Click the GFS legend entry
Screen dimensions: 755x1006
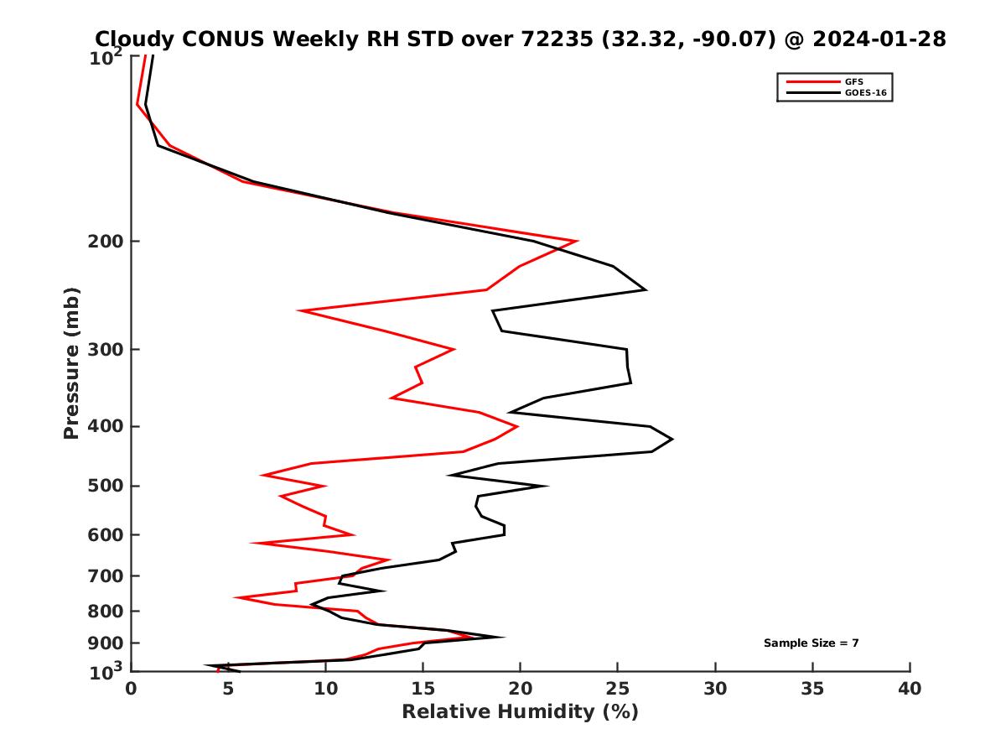[853, 81]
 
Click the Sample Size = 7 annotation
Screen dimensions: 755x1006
[811, 643]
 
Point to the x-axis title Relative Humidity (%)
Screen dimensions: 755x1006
[520, 712]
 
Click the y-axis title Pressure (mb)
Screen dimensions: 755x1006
[71, 362]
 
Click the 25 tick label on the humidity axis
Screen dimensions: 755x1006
[617, 690]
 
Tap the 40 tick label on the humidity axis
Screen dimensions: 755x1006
[910, 690]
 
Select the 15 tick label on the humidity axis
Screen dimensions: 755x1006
[423, 690]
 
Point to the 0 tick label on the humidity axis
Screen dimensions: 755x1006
[131, 690]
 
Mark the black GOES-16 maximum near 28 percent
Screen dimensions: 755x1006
[672, 439]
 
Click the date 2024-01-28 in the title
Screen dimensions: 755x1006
[875, 39]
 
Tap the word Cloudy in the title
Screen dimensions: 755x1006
[130, 39]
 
